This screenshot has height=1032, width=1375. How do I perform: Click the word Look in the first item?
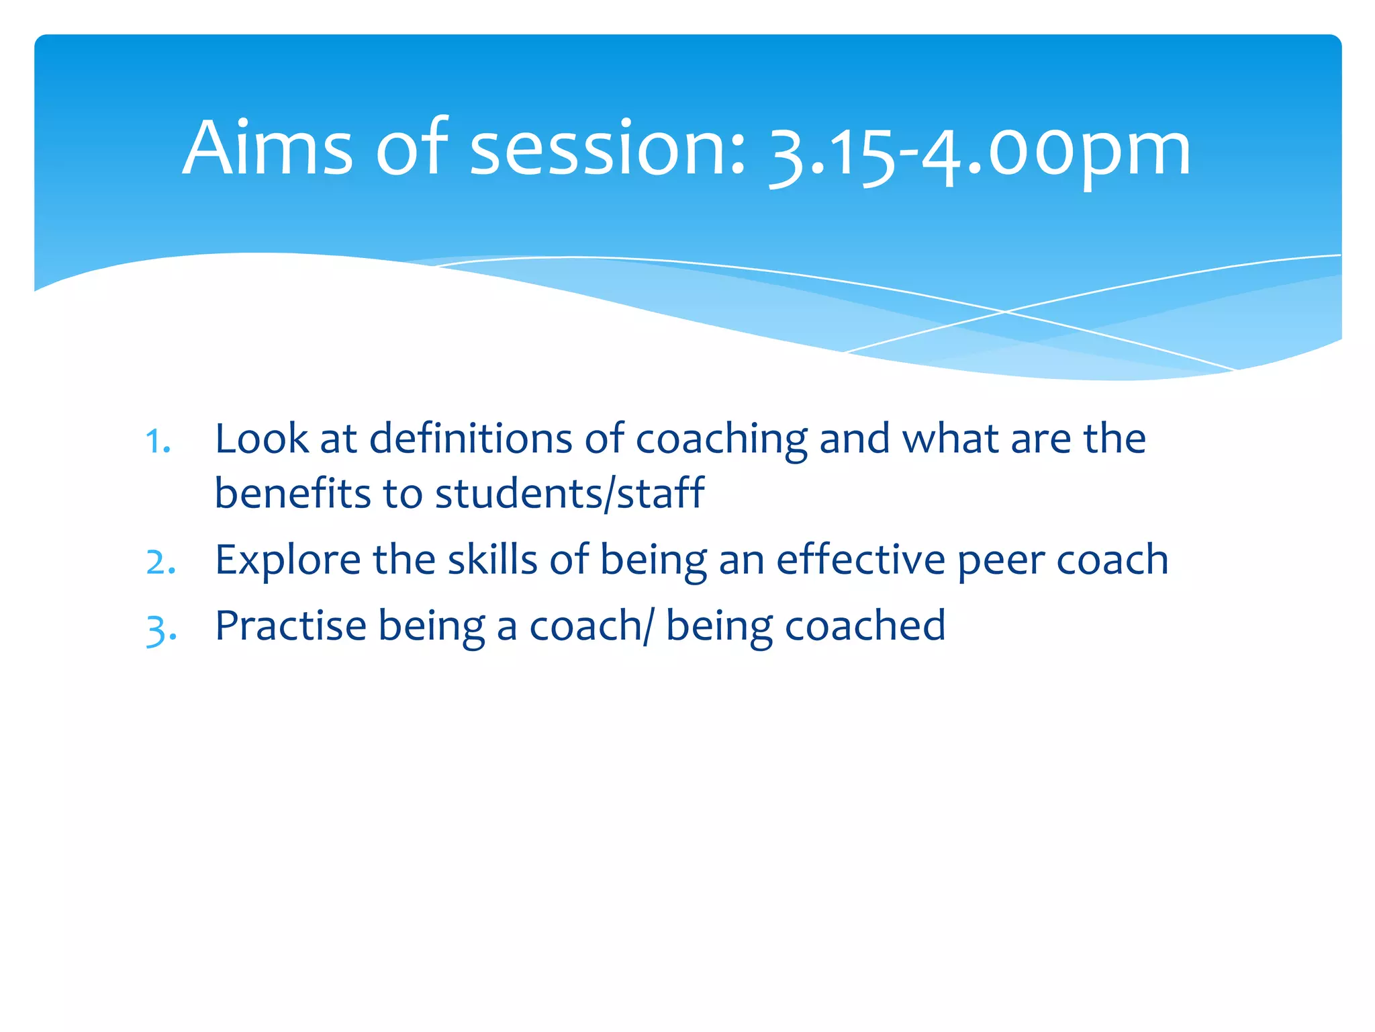[x=261, y=439]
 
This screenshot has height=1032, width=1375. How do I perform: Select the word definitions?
[x=471, y=439]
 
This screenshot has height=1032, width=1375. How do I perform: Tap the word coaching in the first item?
[x=721, y=440]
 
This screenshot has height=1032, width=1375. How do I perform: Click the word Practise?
[x=290, y=626]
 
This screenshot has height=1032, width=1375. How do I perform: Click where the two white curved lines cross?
[x=1005, y=312]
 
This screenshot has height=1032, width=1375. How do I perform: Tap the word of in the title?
[x=411, y=148]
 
